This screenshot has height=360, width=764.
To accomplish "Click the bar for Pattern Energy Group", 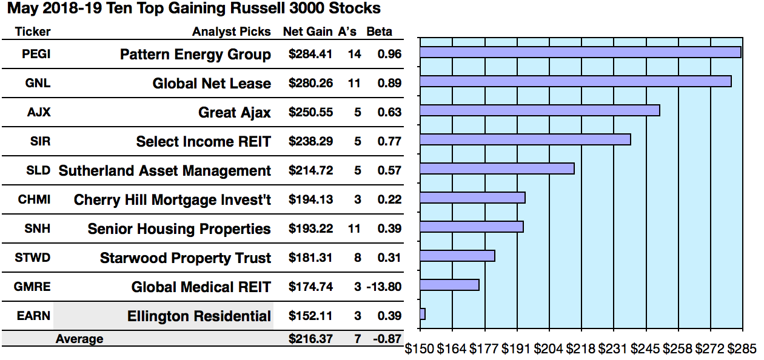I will (x=580, y=52).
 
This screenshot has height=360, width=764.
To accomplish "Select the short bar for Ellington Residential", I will (x=423, y=314).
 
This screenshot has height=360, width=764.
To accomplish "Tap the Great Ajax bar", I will (x=539, y=110).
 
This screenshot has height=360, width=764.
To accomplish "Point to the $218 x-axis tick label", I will (x=581, y=349).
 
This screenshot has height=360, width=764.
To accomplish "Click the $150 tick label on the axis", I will (x=419, y=349).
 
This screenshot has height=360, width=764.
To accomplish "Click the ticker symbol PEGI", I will (x=36, y=54).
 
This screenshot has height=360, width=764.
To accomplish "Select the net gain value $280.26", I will (x=310, y=83).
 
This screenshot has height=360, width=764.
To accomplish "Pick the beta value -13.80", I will (x=384, y=287).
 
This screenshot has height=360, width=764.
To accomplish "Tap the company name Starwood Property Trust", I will (x=185, y=258).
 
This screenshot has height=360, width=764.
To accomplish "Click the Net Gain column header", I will (x=308, y=32).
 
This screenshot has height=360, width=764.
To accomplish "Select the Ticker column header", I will (x=33, y=32).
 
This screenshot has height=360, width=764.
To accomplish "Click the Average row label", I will (x=79, y=339).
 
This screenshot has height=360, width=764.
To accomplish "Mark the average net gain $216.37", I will (x=310, y=339).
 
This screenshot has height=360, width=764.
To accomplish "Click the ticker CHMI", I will (x=36, y=199).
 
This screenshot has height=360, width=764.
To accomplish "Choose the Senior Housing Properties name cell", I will (x=179, y=229).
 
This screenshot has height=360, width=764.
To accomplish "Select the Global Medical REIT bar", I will (x=449, y=285).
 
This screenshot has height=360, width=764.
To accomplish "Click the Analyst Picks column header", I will (x=232, y=32).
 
